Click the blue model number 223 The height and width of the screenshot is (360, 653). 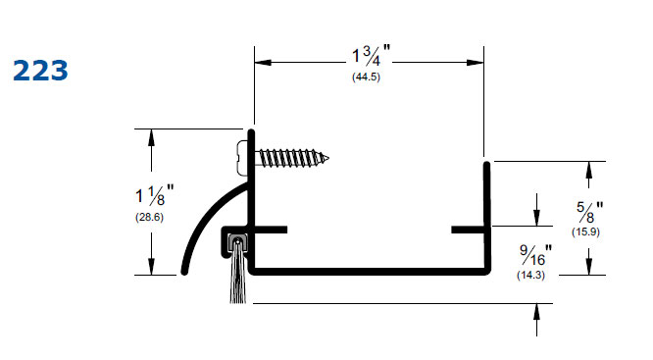point(40,71)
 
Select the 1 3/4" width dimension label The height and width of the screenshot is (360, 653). point(372,55)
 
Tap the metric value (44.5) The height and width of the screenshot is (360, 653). point(366,77)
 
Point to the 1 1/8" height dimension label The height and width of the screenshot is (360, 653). point(155,195)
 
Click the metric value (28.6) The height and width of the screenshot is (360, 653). point(149,217)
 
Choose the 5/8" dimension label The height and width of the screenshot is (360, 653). point(589,212)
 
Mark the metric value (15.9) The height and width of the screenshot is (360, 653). point(585,231)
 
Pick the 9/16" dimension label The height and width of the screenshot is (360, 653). point(535,255)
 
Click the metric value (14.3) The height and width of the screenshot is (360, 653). point(531,275)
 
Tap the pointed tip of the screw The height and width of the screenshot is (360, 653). point(328,158)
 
